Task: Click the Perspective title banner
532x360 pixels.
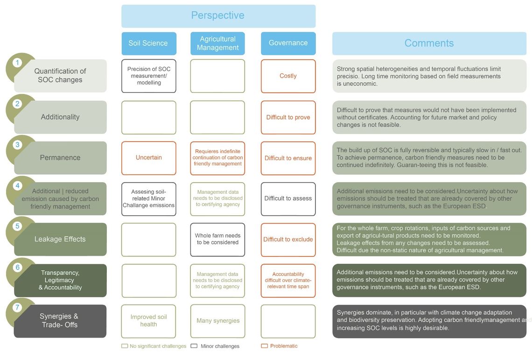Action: (218, 16)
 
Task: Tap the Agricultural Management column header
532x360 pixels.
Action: (217, 43)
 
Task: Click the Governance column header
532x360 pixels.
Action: (288, 43)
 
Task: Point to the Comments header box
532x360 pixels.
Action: (429, 43)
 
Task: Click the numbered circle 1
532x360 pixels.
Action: (17, 63)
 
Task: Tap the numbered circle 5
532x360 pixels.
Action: (17, 226)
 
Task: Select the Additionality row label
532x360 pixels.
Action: (60, 117)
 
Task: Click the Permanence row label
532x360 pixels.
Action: (60, 158)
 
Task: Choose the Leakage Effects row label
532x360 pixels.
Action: (60, 240)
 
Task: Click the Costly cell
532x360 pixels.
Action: (288, 76)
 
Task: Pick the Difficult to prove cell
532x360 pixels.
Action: (288, 117)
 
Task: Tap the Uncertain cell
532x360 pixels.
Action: (149, 158)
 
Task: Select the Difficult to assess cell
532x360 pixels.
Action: (288, 199)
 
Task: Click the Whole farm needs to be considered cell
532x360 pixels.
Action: (217, 240)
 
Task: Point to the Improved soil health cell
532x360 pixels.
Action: (148, 321)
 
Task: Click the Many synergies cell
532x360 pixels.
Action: (217, 321)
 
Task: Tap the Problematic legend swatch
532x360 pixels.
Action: (264, 346)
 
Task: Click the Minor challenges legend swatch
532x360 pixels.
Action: (194, 346)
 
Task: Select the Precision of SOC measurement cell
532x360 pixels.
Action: (149, 76)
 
